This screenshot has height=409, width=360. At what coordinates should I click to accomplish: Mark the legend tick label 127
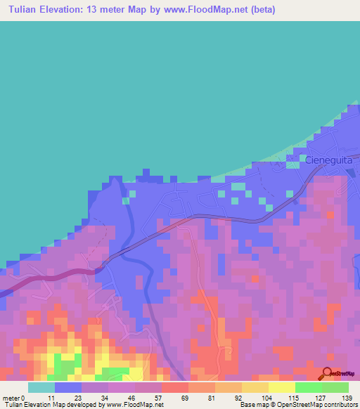(321, 398)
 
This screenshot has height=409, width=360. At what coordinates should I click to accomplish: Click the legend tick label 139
(347, 398)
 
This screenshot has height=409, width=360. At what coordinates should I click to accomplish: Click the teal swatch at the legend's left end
(41, 387)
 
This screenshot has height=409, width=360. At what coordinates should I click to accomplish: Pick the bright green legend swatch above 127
(308, 387)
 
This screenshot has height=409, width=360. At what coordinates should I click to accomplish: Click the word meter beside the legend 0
(11, 398)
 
